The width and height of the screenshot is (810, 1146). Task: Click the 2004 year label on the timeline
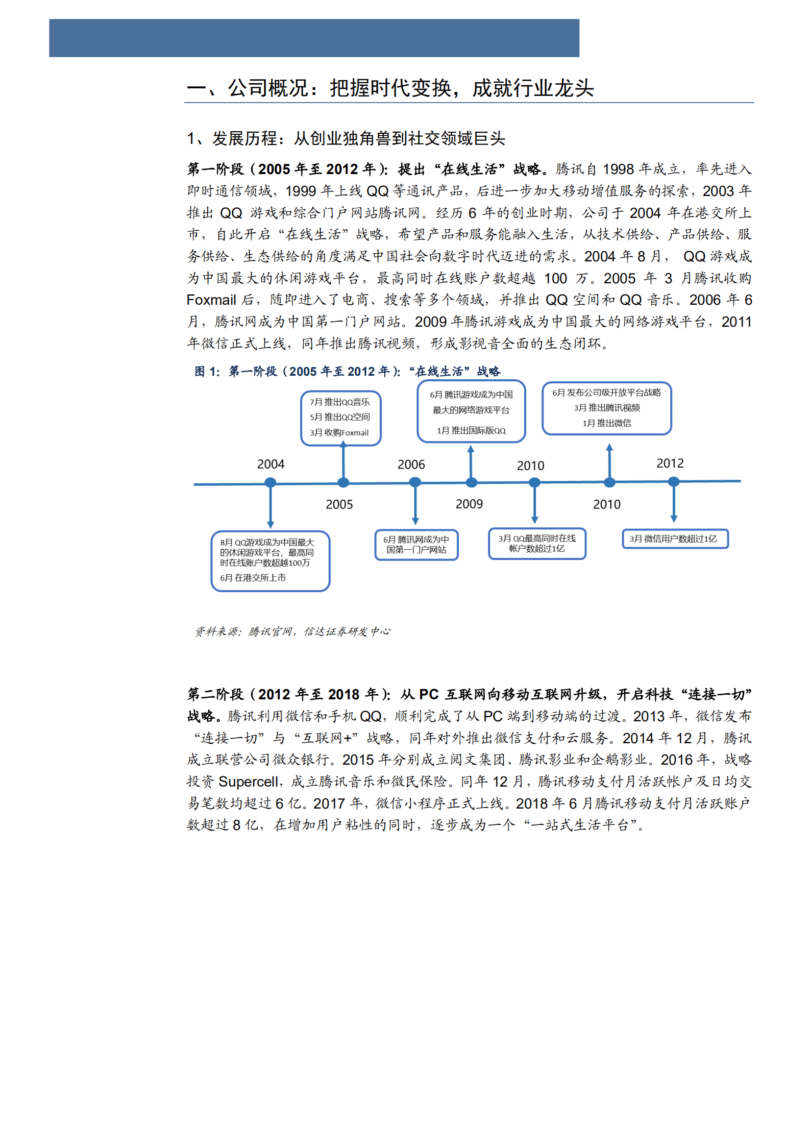(x=271, y=464)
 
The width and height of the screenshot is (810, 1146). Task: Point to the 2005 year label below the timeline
(x=339, y=504)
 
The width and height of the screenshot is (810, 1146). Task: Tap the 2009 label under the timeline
(x=469, y=504)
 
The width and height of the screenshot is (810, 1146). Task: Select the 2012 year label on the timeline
(x=670, y=463)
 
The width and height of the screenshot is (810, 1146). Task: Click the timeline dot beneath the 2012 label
(x=674, y=481)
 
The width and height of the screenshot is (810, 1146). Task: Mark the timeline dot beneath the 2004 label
(x=271, y=482)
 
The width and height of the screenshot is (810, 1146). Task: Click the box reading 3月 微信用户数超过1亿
(x=675, y=539)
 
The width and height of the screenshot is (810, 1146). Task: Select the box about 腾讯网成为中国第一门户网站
(x=416, y=545)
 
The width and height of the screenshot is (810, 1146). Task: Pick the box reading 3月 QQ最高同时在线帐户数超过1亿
(x=537, y=544)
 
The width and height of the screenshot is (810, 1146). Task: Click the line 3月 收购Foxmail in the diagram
(x=339, y=432)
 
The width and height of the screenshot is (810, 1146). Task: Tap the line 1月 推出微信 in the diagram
(x=607, y=423)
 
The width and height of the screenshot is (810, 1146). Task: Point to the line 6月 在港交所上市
(x=253, y=577)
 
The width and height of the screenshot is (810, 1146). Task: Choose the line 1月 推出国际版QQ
(x=471, y=430)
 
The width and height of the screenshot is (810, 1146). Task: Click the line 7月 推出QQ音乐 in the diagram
(x=340, y=402)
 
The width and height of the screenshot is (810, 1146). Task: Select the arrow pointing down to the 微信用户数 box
(x=674, y=505)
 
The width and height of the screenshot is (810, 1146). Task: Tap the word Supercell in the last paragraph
(x=248, y=782)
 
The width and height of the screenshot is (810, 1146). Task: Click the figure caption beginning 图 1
(x=347, y=371)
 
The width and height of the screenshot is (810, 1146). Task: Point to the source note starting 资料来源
(x=292, y=631)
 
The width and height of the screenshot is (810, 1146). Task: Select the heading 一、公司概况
(x=390, y=88)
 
